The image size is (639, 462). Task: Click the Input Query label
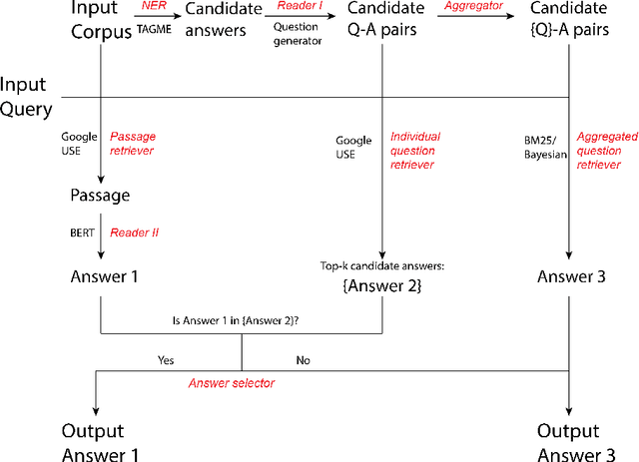pos(25,96)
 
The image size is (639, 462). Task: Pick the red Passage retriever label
pos(133,143)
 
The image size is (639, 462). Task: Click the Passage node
pos(101,196)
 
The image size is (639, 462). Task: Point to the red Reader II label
pos(134,232)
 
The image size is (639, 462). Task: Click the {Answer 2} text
pos(383,287)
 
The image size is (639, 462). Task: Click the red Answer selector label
pos(232,382)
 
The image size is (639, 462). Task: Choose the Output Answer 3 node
pos(569,443)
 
